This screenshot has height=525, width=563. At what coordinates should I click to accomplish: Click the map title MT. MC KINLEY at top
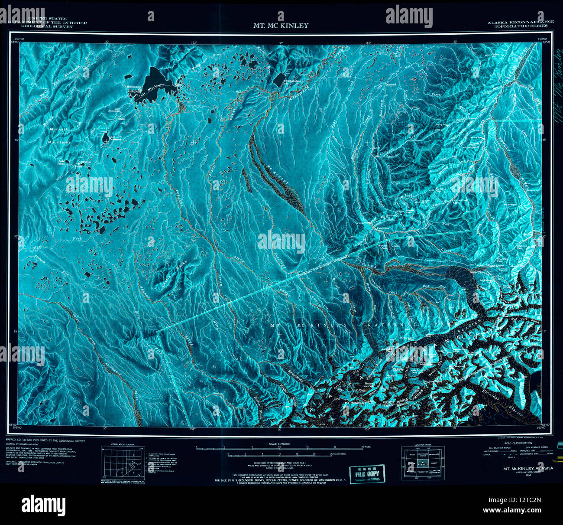[281, 26]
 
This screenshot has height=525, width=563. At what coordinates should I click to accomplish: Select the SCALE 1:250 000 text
[281, 444]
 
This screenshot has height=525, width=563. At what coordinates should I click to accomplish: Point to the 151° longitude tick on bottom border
[367, 430]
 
